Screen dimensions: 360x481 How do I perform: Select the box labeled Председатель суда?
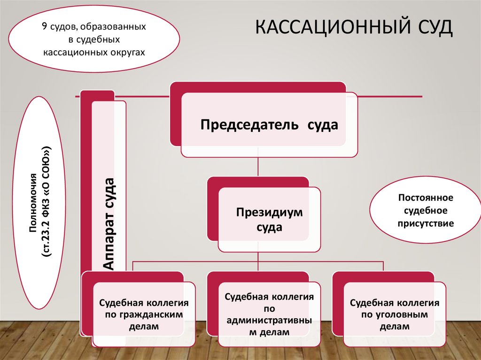pos(269,125)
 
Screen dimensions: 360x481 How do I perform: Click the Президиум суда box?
pos(269,219)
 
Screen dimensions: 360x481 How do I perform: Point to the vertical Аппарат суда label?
pos(109,223)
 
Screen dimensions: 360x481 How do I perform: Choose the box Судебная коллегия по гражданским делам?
pos(144,314)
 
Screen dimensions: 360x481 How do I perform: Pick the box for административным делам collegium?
pos(269,314)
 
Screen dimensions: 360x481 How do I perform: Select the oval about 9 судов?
pos(94,39)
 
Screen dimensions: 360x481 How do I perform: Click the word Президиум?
pos(269,212)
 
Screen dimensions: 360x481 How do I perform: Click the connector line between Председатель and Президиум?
pos(258,167)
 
